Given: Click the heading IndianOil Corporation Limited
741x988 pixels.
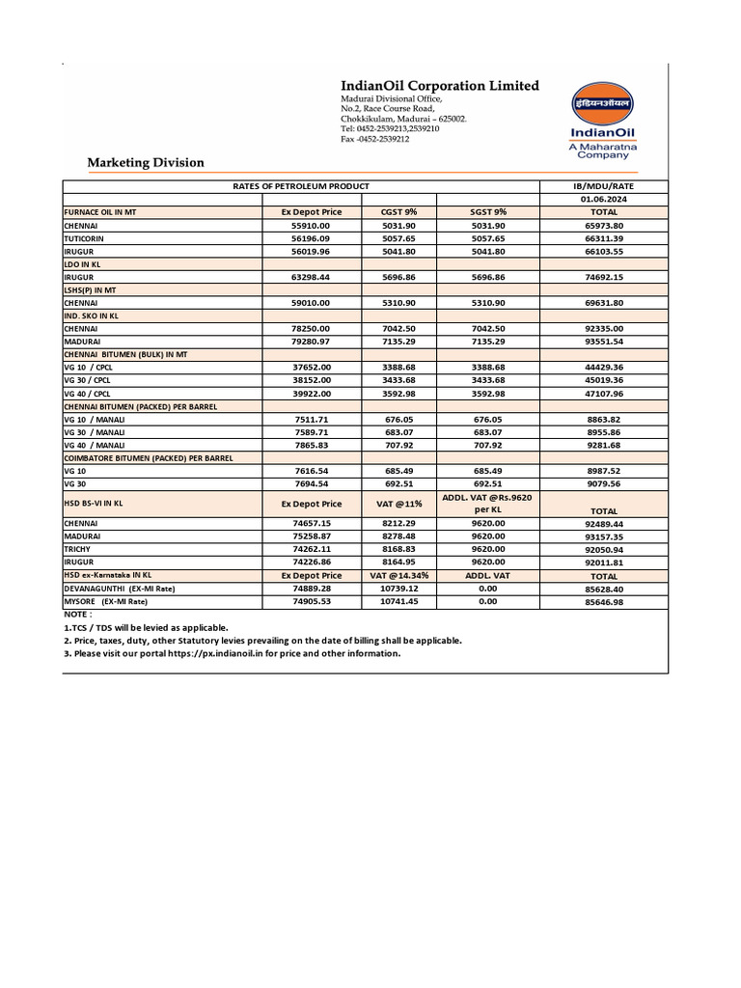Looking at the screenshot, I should (x=440, y=86).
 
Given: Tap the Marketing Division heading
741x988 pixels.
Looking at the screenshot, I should (x=146, y=162).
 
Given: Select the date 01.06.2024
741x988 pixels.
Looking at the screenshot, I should (x=603, y=198).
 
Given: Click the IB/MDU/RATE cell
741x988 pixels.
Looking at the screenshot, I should (x=603, y=185).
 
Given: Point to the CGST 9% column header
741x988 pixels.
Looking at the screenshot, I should (x=398, y=211).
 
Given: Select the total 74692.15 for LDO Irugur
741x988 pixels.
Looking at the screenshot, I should (x=603, y=276).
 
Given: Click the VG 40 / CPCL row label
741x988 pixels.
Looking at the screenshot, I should (x=88, y=394).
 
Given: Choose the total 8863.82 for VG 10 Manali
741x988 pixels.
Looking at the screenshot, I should (x=603, y=420).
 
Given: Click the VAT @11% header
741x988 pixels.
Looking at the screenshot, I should (x=398, y=504).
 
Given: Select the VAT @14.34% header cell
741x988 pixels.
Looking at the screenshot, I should (x=398, y=575).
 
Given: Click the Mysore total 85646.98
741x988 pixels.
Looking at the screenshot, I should (x=603, y=601).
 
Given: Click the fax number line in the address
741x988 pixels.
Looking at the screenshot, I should (x=375, y=139).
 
